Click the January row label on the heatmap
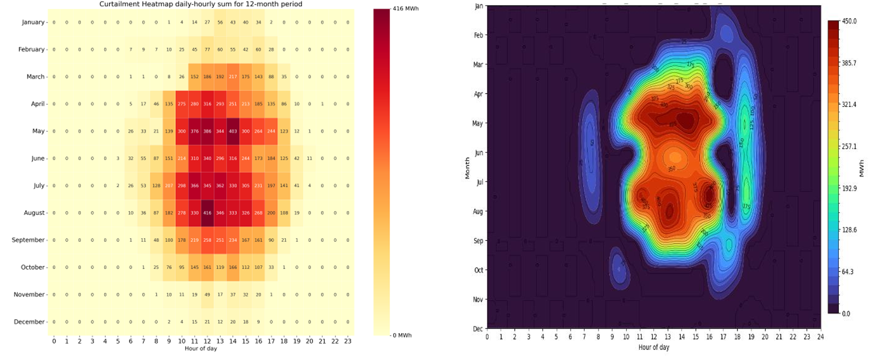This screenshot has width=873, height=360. (x=32, y=22)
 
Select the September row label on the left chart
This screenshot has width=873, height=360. (x=29, y=240)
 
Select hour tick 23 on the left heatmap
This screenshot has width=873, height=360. (x=348, y=341)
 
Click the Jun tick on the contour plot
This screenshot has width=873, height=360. (x=479, y=153)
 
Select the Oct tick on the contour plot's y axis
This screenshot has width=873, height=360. (x=479, y=270)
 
